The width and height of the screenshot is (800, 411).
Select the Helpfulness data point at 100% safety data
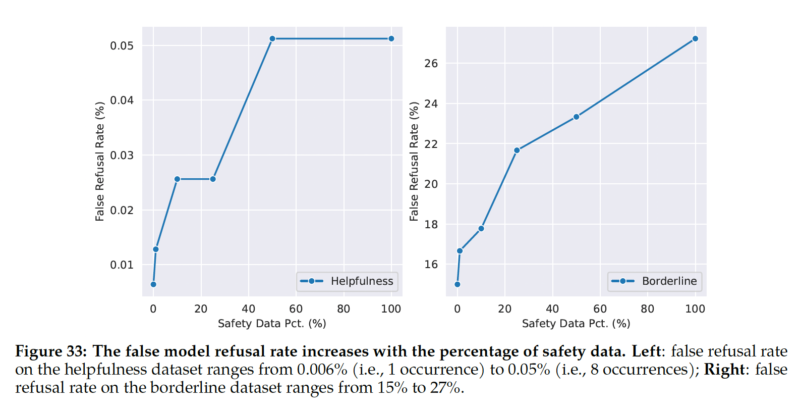[391, 39]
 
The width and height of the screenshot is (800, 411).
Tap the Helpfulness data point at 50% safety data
[272, 39]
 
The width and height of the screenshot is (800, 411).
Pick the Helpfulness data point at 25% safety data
[213, 179]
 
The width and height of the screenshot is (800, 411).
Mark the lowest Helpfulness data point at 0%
[153, 284]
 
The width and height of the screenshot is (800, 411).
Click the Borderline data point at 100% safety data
[695, 39]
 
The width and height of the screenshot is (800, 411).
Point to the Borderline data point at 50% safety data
[576, 117]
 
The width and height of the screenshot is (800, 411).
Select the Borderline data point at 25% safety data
[517, 150]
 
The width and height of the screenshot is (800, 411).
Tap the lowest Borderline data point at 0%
[458, 284]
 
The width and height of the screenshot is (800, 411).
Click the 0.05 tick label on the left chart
[122, 46]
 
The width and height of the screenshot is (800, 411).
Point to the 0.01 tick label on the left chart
[122, 265]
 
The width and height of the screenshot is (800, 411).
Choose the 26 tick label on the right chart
[431, 64]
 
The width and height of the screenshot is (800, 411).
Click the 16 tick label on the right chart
[431, 265]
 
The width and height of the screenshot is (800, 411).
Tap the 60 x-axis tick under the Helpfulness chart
[296, 309]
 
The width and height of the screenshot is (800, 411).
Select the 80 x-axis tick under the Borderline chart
[647, 309]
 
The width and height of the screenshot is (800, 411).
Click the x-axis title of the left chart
[272, 324]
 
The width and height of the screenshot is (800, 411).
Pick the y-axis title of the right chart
[414, 162]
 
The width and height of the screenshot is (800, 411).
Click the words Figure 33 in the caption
[51, 351]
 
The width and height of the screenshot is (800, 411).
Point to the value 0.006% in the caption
[322, 370]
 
